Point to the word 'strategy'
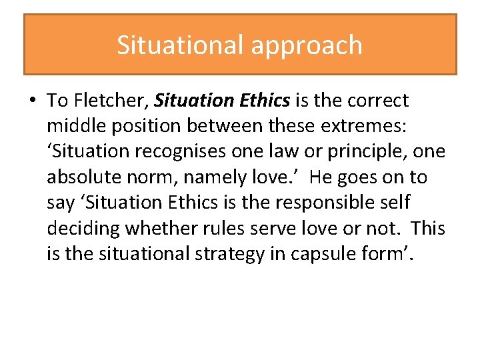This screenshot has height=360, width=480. click(x=226, y=254)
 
